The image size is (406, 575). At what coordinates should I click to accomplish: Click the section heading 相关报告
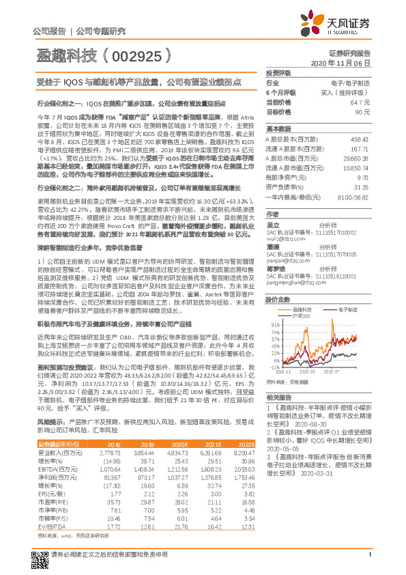(279, 397)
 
